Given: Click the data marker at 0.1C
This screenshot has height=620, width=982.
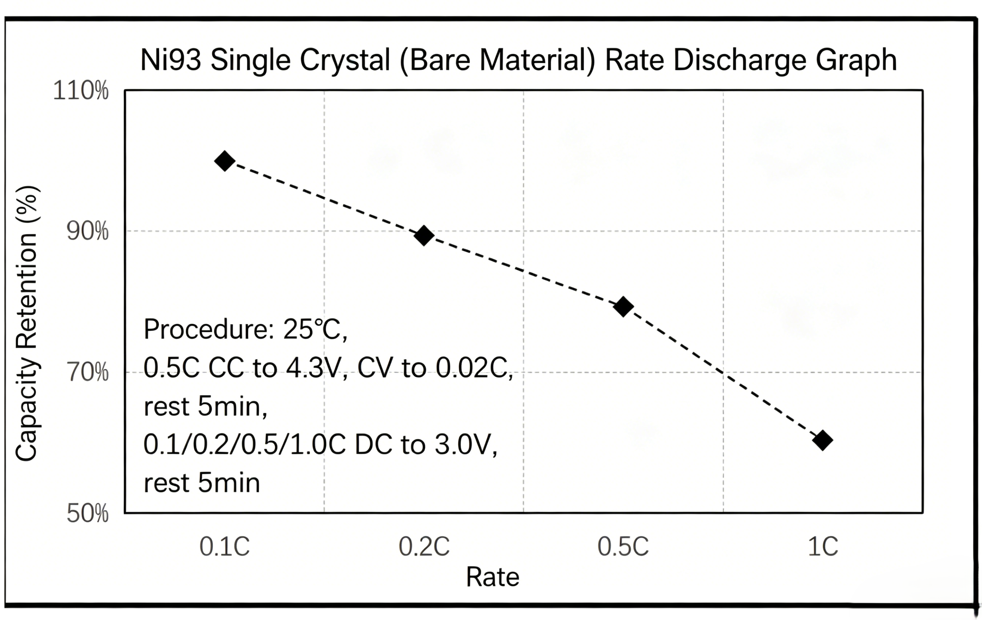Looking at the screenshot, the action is coord(225,161).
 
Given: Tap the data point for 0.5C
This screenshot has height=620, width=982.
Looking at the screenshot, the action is coord(623,306).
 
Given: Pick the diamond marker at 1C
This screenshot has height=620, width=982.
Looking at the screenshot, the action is coord(823,440).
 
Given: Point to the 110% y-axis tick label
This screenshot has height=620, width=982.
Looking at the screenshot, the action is coord(81,90).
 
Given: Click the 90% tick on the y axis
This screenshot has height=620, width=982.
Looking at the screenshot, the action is coord(88,231).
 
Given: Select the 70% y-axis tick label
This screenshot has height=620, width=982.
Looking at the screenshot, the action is coord(88,372).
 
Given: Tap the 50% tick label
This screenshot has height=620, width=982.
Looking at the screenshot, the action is coord(88,513).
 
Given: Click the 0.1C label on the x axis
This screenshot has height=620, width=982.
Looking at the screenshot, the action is coord(225,546).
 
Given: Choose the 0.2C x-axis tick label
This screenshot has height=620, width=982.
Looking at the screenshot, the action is coord(424,546).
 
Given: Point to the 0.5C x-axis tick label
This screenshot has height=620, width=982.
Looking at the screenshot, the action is coord(623,546).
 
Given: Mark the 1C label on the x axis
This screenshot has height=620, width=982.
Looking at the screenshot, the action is coord(823,546).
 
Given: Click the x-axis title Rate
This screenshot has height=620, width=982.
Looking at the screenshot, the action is coord(493,577).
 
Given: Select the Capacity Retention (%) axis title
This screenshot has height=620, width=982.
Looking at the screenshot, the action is coord(27,324).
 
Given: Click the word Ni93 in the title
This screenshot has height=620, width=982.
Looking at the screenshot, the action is coord(171,60).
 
